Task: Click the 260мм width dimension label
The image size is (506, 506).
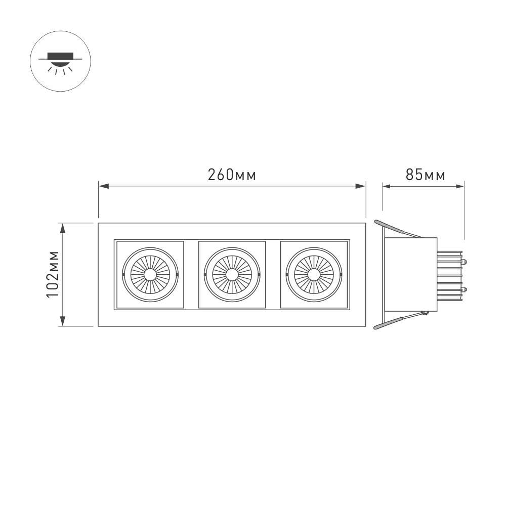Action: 232,175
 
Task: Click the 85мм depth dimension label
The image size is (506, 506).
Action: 426,175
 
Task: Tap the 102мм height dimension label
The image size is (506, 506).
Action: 53,274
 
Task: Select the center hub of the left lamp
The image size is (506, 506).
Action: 150,275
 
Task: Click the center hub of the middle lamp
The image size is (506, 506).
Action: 232,275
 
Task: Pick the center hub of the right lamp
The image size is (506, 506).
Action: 314,275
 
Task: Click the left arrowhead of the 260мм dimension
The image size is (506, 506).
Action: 104,186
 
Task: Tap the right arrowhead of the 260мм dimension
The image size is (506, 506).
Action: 360,186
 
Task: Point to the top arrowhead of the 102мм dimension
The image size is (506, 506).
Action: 63,228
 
